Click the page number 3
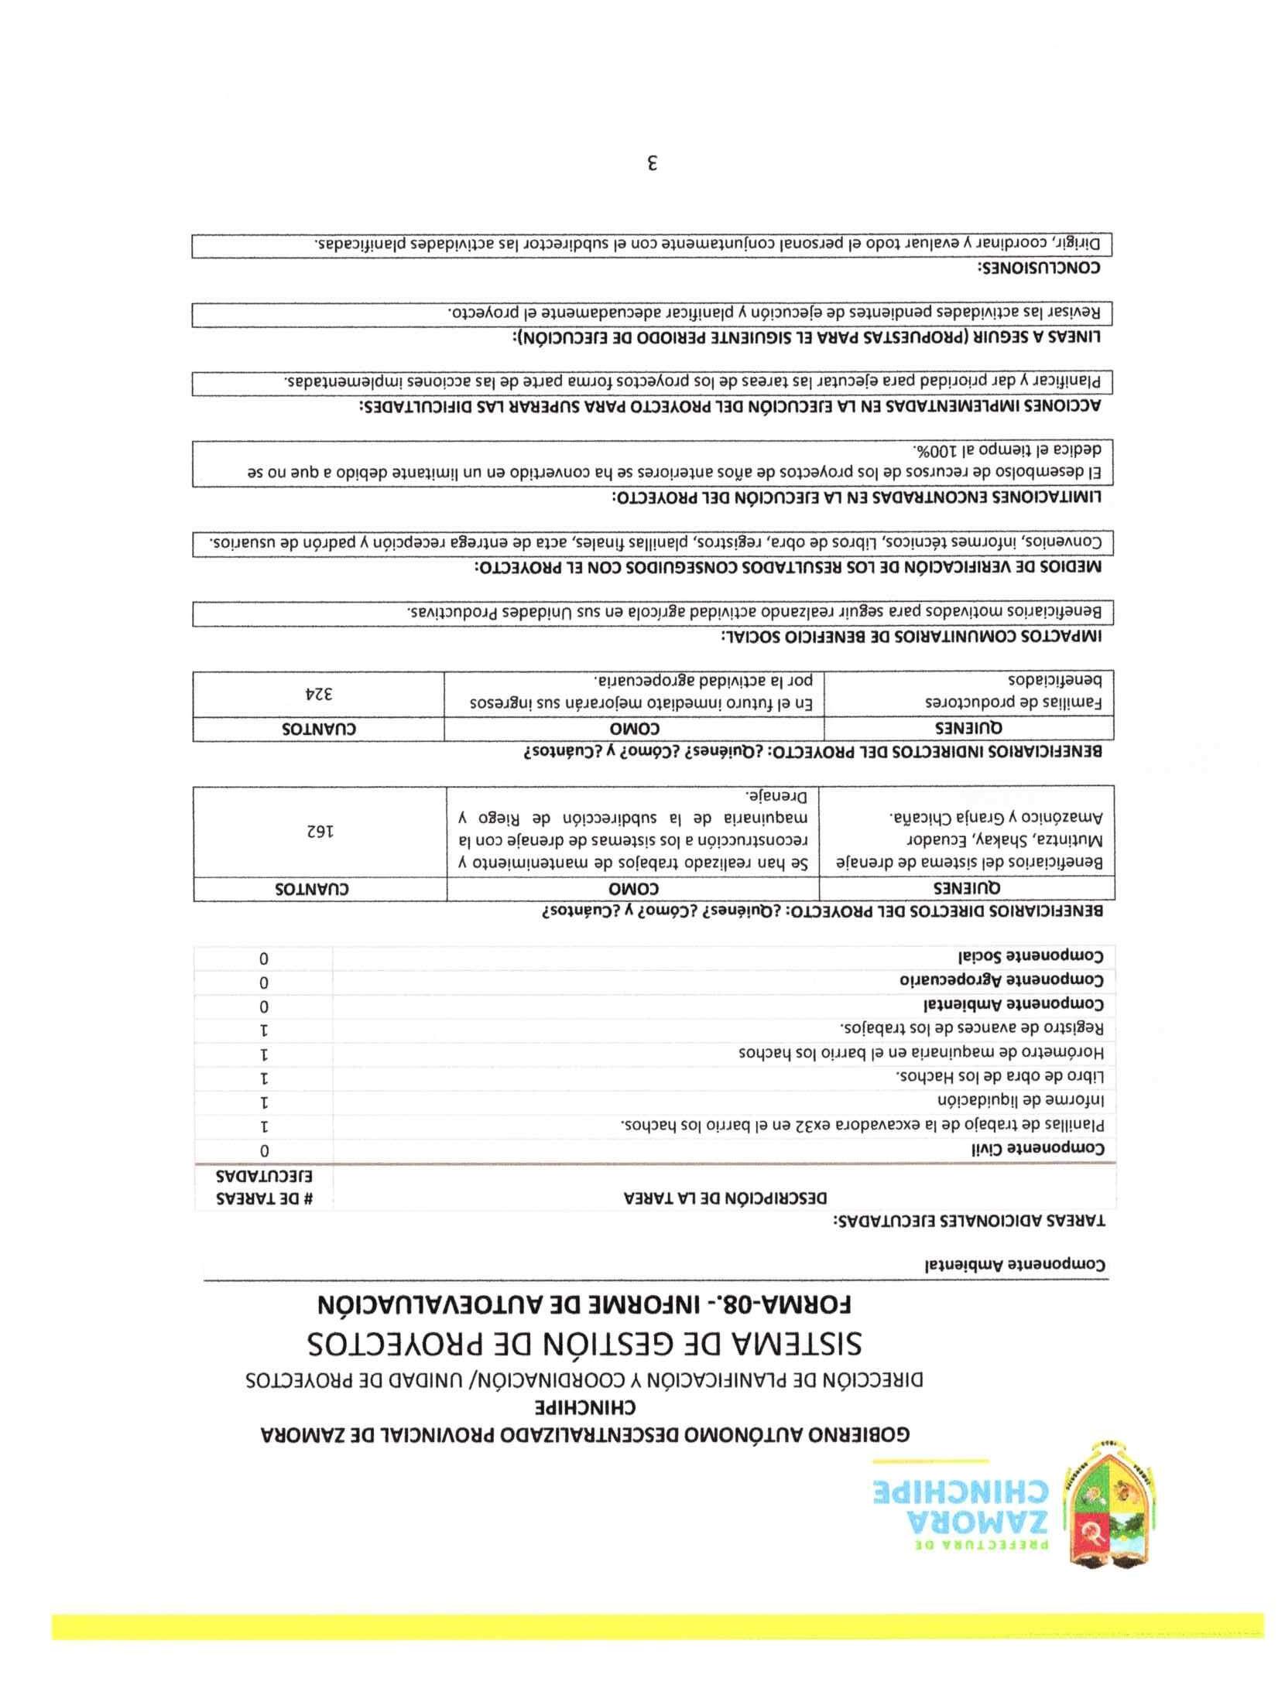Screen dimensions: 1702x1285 653,163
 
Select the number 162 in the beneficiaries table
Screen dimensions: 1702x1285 318,831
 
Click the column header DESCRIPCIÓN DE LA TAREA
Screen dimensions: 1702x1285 725,1198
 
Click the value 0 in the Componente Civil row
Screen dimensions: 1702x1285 265,1150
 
